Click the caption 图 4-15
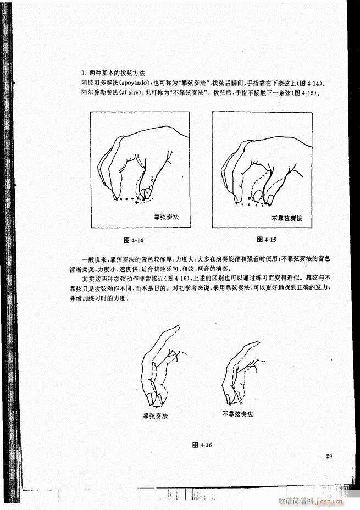coord(265,240)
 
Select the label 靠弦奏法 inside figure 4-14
coord(166,218)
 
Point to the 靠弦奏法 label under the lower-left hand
coord(155,416)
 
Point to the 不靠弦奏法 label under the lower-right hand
coord(237,413)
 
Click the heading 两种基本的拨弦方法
coord(113,73)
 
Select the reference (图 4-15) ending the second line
coord(306,92)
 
